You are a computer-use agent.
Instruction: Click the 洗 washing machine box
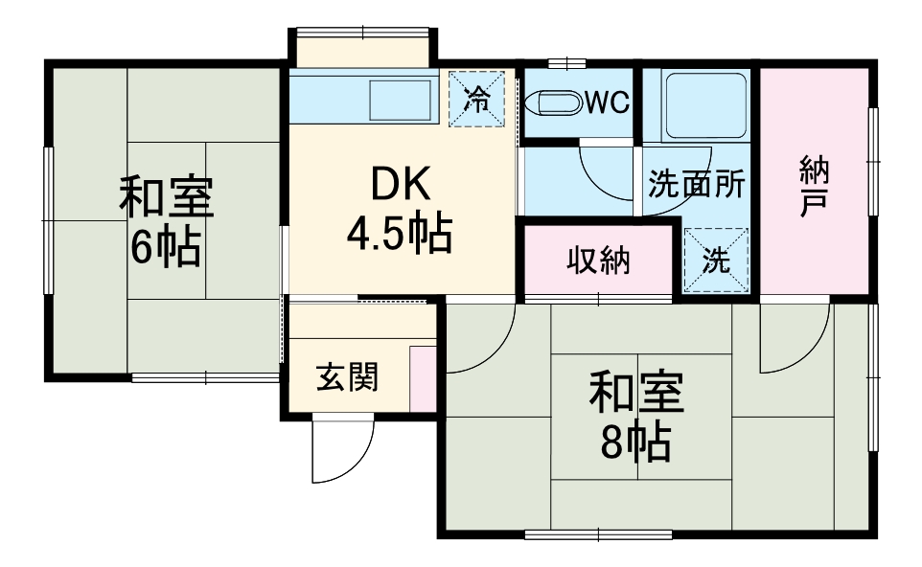(x=716, y=261)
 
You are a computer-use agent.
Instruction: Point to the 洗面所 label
(x=696, y=184)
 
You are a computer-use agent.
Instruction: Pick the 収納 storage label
(x=597, y=260)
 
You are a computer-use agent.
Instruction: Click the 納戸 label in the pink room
(x=814, y=184)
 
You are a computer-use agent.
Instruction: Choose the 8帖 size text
(x=634, y=442)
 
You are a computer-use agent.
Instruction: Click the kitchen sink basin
(x=402, y=100)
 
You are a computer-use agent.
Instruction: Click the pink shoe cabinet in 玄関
(x=421, y=378)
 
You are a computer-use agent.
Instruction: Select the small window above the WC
(x=566, y=64)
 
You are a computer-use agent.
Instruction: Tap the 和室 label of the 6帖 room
(x=167, y=198)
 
